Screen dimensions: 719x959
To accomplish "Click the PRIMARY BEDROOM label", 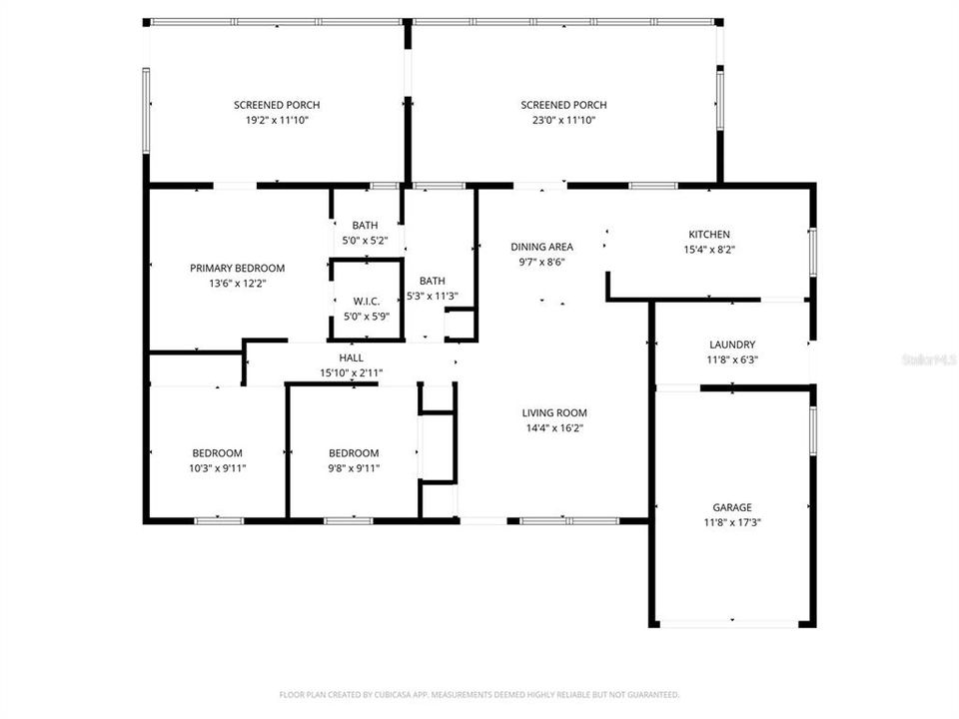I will tap(238, 268).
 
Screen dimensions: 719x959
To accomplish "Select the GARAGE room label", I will tap(732, 507).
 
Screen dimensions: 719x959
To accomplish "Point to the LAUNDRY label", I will tap(732, 345).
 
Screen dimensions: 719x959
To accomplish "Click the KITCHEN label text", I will tap(709, 235).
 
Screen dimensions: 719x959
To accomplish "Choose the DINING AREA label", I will tap(541, 247).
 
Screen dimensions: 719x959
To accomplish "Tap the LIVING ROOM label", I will tap(554, 412).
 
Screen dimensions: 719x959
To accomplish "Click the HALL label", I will tap(351, 358).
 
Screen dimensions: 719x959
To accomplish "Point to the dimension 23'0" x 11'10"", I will tap(563, 120).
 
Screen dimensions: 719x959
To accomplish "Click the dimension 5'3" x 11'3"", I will tap(432, 296).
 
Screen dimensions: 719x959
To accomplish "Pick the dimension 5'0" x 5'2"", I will tap(365, 241).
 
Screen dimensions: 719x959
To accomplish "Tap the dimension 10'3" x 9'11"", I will tap(217, 468).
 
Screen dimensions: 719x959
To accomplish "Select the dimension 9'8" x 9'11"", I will tap(354, 468).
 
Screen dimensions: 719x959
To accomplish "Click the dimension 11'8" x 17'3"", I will tap(732, 522).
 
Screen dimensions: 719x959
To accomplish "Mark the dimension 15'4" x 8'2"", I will tap(709, 250).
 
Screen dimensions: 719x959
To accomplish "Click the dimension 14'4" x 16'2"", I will tap(554, 427).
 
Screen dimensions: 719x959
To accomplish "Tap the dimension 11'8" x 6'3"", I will tap(732, 359).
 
